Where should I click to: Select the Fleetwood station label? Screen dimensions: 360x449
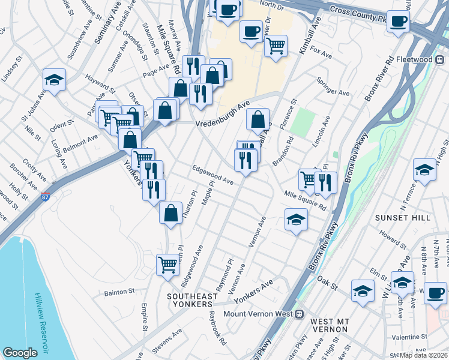click(x=423, y=60)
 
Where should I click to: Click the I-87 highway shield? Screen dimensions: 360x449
click(x=46, y=196)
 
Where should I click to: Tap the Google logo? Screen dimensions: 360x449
click(x=20, y=353)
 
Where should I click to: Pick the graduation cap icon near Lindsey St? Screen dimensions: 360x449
click(x=54, y=80)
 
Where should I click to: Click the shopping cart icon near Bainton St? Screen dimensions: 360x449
click(x=168, y=263)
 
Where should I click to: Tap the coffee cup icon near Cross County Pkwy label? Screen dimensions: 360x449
click(x=397, y=22)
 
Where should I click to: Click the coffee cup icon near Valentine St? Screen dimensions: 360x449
click(x=435, y=293)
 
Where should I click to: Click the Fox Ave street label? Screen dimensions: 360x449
click(x=321, y=55)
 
